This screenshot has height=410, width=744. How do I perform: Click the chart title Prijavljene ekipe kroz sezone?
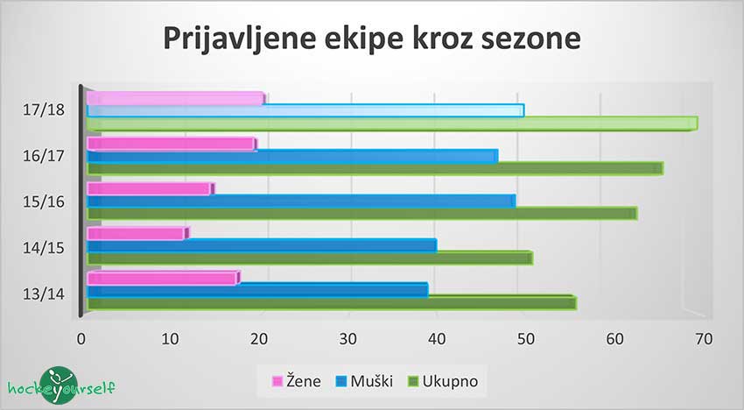click(371, 40)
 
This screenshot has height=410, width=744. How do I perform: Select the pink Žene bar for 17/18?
click(175, 99)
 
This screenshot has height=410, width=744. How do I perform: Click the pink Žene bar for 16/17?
click(172, 144)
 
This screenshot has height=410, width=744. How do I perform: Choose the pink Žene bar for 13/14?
click(163, 279)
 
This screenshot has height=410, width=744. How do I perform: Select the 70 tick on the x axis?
click(705, 337)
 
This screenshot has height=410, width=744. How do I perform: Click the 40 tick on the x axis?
click(438, 337)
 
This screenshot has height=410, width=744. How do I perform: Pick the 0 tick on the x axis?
click(81, 337)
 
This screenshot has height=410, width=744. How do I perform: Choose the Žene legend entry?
click(298, 381)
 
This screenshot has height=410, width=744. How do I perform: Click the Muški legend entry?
click(364, 381)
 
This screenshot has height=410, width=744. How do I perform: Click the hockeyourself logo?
click(60, 385)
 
